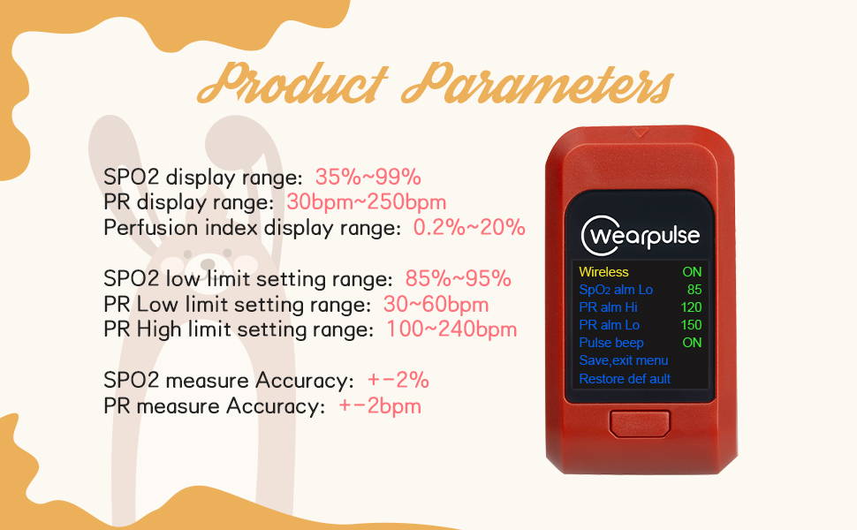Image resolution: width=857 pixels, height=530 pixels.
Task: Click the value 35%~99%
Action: click(x=368, y=177)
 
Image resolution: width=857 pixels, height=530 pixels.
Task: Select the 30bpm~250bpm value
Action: click(x=366, y=202)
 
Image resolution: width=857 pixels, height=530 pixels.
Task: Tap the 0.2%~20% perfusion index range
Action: click(x=469, y=227)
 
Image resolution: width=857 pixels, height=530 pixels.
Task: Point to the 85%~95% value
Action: click(x=458, y=278)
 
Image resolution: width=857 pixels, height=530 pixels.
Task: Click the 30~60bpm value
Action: click(x=436, y=305)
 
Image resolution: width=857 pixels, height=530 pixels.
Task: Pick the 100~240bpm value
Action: click(x=451, y=329)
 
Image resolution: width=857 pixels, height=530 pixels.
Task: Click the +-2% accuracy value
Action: click(x=398, y=380)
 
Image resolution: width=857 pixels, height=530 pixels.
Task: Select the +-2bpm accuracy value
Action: click(x=380, y=405)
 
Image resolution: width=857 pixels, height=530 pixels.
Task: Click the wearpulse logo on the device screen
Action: click(x=640, y=236)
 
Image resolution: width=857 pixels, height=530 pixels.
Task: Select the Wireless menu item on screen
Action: click(x=604, y=271)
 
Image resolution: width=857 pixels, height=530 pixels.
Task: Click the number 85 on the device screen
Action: click(x=694, y=290)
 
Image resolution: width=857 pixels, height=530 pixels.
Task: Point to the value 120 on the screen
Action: click(x=692, y=307)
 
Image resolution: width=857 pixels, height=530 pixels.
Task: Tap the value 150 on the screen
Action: click(x=692, y=324)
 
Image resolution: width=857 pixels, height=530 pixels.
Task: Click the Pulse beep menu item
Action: click(x=611, y=343)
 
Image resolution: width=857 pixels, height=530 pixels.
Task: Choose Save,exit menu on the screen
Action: click(x=623, y=360)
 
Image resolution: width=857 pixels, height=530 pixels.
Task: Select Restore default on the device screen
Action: click(x=625, y=379)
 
